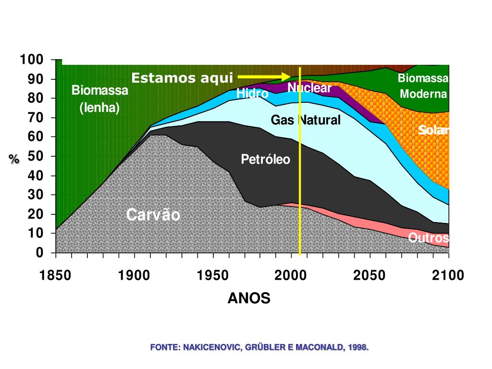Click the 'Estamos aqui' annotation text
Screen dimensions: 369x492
click(182, 78)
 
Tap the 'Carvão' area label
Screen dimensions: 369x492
click(153, 215)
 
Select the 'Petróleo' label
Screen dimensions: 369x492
click(266, 159)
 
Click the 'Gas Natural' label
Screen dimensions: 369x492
click(306, 120)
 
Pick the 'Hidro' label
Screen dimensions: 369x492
click(252, 93)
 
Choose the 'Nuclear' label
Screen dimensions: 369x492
click(309, 88)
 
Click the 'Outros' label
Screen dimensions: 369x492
click(429, 237)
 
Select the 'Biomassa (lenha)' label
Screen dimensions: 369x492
click(100, 98)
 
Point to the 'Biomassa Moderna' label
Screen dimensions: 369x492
click(423, 86)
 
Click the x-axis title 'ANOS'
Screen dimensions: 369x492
click(249, 298)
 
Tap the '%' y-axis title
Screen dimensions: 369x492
click(14, 160)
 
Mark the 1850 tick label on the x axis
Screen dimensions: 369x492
click(56, 275)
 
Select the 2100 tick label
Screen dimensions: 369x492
click(448, 275)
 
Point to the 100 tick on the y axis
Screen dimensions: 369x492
click(32, 60)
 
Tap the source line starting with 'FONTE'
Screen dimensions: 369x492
click(259, 346)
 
